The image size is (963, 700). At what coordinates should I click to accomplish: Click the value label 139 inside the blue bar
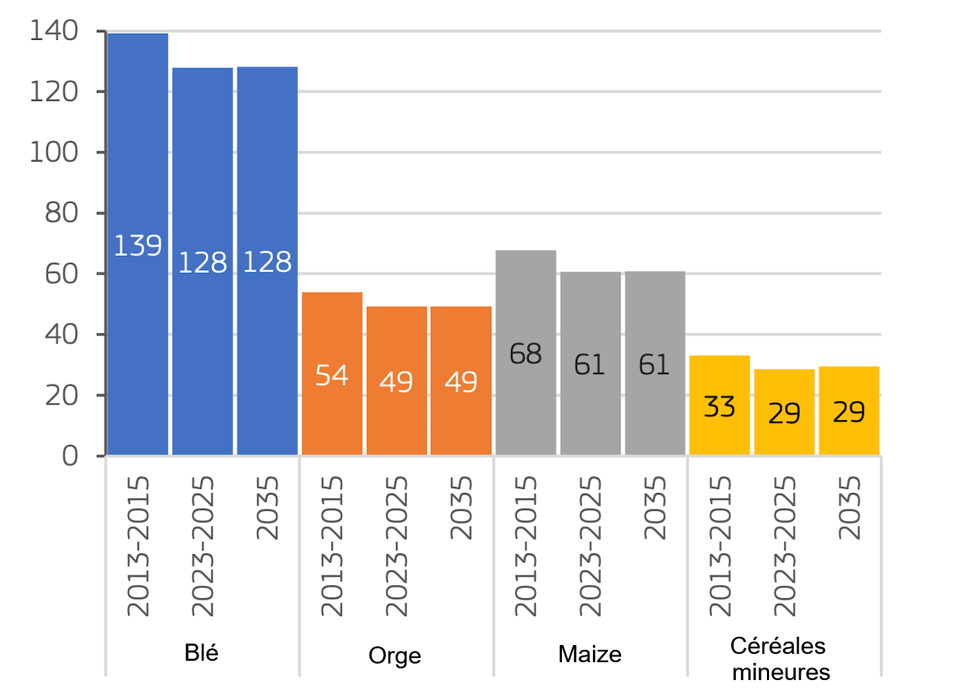[138, 245]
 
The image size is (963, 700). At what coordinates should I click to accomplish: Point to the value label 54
[332, 375]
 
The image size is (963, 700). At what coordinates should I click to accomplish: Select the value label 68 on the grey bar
[526, 354]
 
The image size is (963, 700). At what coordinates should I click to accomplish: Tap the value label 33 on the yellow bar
[719, 406]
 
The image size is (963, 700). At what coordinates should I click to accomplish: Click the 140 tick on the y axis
[54, 31]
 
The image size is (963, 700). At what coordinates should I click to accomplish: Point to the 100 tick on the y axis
[54, 152]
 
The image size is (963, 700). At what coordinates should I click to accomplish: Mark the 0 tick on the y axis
[69, 455]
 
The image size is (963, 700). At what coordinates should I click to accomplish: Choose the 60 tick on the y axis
[61, 274]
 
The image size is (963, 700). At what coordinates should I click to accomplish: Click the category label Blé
[202, 653]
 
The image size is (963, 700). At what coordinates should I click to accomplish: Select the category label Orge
[395, 655]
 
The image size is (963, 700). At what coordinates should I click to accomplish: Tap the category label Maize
[589, 654]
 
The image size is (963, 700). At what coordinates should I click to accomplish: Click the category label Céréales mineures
[780, 659]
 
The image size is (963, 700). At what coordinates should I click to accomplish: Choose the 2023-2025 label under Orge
[396, 546]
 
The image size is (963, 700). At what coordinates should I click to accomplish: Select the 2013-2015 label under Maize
[526, 546]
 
